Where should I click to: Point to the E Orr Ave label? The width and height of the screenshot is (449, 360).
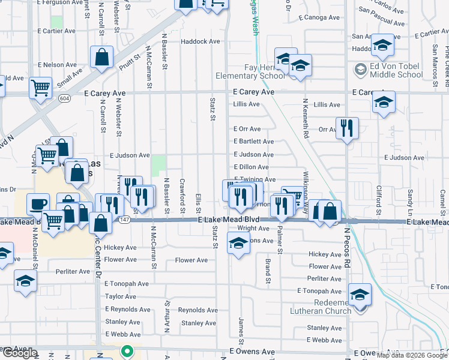click(x=247, y=129)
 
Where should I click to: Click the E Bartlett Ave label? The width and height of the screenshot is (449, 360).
click(x=253, y=142)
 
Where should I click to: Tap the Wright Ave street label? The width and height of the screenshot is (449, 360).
click(x=253, y=229)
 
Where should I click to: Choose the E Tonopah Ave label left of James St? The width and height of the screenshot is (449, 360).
click(x=126, y=284)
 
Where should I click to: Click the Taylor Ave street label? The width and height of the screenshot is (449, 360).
click(x=120, y=296)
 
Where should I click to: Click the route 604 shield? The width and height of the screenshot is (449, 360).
click(x=65, y=98)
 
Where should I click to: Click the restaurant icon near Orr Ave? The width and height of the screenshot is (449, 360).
click(x=348, y=128)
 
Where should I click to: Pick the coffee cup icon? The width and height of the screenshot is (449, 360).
click(x=38, y=204)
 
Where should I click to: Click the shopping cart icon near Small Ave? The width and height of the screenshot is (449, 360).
click(x=41, y=88)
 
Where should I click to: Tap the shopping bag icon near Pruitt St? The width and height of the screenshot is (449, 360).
click(x=102, y=58)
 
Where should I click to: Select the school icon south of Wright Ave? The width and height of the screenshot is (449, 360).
click(x=238, y=244)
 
